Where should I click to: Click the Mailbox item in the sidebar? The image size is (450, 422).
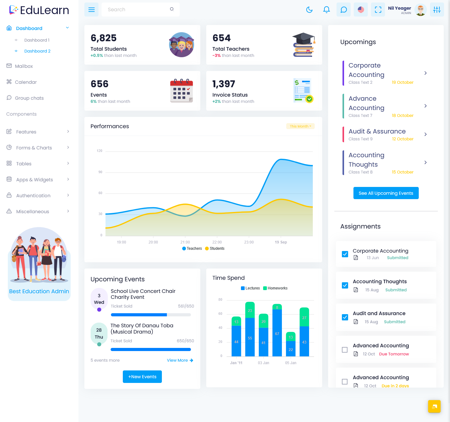[24, 66]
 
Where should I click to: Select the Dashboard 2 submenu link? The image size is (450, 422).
[37, 51]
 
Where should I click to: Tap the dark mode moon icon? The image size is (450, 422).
[309, 10]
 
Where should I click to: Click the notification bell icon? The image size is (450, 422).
[327, 10]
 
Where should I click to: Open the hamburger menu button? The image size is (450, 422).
[91, 10]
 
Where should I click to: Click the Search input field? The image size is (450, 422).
[137, 10]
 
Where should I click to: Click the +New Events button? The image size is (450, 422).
[142, 377]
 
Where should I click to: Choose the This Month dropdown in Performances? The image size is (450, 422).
[300, 126]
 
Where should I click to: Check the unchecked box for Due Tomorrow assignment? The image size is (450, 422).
[345, 350]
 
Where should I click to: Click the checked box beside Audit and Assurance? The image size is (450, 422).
[345, 317]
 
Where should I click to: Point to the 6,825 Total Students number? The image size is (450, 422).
[103, 38]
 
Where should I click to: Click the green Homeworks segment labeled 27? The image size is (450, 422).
[304, 317]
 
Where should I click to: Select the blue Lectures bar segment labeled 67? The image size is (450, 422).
[277, 333]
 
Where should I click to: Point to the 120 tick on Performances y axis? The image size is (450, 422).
[100, 151]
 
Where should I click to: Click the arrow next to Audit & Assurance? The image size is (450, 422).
[426, 134]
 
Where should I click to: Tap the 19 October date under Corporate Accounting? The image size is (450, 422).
[402, 83]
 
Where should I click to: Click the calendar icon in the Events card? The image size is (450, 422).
[182, 91]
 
